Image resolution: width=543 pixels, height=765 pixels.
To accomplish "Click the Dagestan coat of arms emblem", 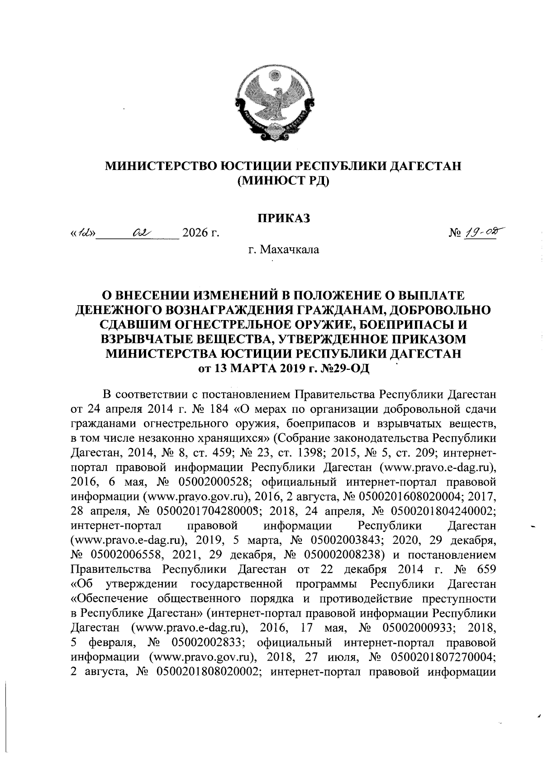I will [x=276, y=105].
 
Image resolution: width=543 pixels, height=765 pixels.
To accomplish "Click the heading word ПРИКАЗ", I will [x=284, y=218].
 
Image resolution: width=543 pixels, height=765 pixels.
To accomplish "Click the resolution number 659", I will [x=484, y=569].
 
